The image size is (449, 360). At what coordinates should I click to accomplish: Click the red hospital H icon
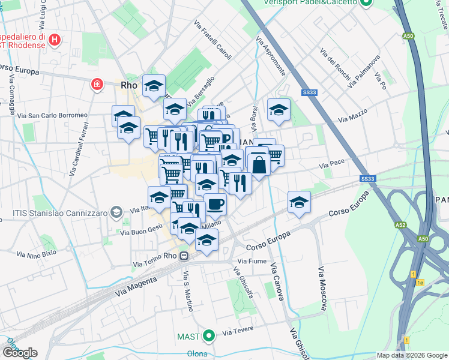[x=55, y=40]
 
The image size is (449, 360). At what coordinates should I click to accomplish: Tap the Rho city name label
[x=129, y=85]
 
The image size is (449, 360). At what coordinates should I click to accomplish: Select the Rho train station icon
[x=184, y=255]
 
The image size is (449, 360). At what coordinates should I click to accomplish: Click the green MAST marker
[x=208, y=335]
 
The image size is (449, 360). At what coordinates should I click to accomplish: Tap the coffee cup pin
[x=215, y=203]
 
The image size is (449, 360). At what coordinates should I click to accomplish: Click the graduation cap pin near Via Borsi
[x=279, y=109]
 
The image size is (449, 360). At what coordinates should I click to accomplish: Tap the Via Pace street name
[x=332, y=163]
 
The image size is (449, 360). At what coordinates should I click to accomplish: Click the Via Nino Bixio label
[x=37, y=253]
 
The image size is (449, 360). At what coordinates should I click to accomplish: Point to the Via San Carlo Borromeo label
[x=52, y=115]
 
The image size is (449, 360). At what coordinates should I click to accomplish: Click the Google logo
[x=19, y=352]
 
